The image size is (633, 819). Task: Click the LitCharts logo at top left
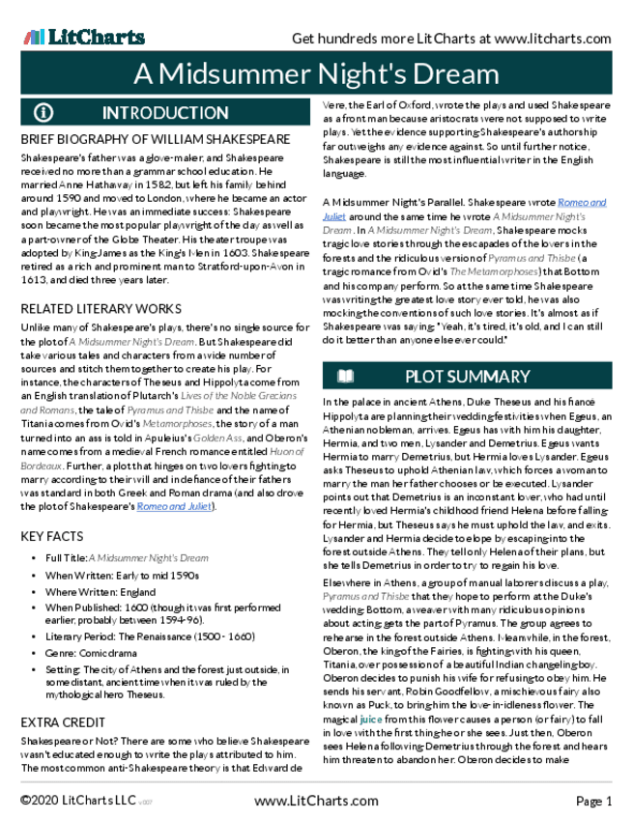83,37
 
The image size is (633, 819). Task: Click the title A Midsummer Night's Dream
316,73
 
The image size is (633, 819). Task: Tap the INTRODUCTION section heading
164,112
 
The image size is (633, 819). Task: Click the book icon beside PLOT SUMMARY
345,376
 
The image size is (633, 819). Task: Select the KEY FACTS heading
52,535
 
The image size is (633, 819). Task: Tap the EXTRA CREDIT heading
64,722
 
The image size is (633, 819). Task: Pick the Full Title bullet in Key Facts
127,558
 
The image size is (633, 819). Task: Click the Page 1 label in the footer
594,802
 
